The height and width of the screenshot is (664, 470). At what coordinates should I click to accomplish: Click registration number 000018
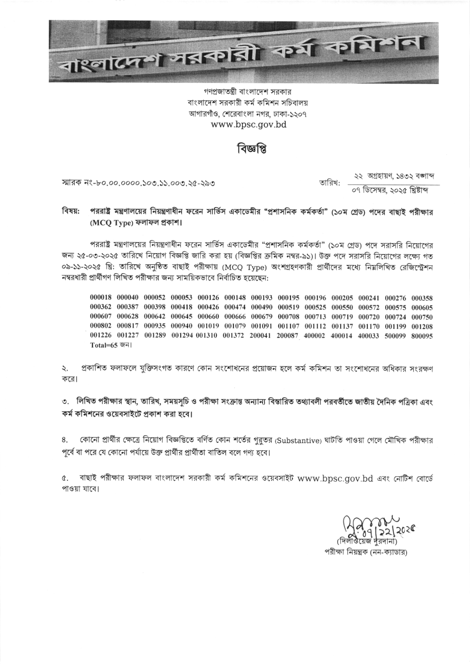(101, 298)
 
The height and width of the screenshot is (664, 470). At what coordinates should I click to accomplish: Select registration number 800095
(422, 336)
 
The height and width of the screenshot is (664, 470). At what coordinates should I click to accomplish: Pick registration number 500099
(395, 336)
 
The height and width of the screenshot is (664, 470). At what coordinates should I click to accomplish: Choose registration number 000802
(101, 326)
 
